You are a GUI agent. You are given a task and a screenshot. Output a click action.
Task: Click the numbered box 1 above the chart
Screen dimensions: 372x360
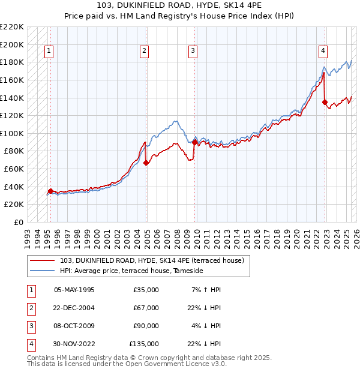click(x=48, y=52)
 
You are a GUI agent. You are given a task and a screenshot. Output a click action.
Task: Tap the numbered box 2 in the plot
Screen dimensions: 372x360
click(x=145, y=52)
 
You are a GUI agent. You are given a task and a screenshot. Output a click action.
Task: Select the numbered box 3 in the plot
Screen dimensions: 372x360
click(x=193, y=52)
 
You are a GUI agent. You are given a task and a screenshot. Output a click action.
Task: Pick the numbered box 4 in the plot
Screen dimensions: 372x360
click(x=323, y=52)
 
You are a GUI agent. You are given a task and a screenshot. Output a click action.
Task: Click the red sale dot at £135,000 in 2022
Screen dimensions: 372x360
click(x=325, y=103)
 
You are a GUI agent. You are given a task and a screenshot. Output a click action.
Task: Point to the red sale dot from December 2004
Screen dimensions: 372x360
click(x=146, y=163)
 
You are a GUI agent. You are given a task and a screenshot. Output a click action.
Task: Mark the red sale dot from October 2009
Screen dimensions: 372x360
click(x=194, y=142)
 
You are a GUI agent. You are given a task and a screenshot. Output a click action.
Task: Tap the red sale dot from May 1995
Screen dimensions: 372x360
click(x=50, y=191)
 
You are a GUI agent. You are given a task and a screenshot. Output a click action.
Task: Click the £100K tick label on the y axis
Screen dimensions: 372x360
click(x=13, y=133)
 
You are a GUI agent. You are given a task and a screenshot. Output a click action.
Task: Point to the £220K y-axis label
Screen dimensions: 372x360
click(x=13, y=27)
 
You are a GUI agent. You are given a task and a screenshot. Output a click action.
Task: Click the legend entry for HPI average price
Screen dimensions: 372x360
click(x=131, y=271)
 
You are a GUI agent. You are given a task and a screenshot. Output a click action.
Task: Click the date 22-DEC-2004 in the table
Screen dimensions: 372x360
click(x=74, y=308)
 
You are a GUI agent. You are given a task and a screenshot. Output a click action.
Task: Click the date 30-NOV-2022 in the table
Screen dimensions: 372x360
click(x=74, y=344)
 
